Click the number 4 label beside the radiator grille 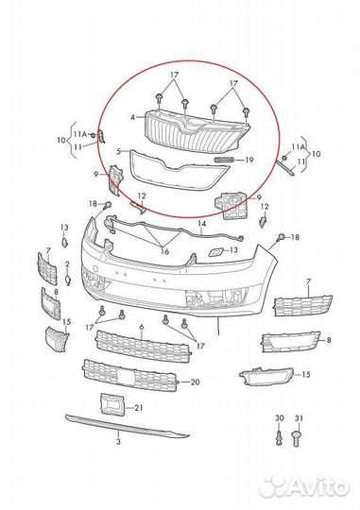[x=132, y=117]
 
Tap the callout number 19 [x=249, y=160]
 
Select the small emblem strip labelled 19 [x=224, y=159]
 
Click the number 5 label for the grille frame [x=119, y=151]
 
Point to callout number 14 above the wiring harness [x=202, y=224]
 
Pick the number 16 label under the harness [x=165, y=251]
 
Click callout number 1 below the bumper [x=218, y=332]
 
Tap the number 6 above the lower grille [x=142, y=327]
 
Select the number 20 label [x=195, y=382]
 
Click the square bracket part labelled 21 [x=112, y=404]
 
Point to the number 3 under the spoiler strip [x=118, y=441]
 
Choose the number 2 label [x=67, y=263]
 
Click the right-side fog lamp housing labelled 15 [x=266, y=377]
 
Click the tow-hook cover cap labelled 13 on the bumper [x=214, y=251]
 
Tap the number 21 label [x=139, y=407]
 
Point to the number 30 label [x=280, y=418]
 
